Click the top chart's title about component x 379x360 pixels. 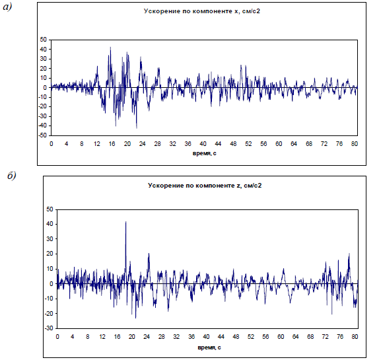tap(202, 11)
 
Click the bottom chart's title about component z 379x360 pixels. tap(205, 186)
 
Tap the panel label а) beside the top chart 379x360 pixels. tap(7, 7)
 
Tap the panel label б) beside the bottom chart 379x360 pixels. tap(11, 176)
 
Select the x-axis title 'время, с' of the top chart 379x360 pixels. tap(204, 153)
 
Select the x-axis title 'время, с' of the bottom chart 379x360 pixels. tap(209, 347)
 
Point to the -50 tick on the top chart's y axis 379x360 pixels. tap(42, 135)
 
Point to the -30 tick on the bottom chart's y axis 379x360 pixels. tap(49, 328)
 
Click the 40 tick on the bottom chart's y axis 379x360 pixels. tap(50, 224)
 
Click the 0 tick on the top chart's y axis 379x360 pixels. tap(45, 88)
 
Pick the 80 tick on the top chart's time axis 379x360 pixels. tap(355, 144)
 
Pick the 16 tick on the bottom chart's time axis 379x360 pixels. tap(118, 336)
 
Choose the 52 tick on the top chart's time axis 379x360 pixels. tap(248, 144)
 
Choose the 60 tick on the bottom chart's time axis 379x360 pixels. tap(281, 336)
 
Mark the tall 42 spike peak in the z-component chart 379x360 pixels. tap(125, 221)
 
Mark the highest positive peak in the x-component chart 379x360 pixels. tap(110, 48)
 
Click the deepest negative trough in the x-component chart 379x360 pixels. tap(137, 128)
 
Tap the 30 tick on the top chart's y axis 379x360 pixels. tap(44, 59)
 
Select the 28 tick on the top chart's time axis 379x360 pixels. tap(157, 144)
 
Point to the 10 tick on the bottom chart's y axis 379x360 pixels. tap(50, 269)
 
